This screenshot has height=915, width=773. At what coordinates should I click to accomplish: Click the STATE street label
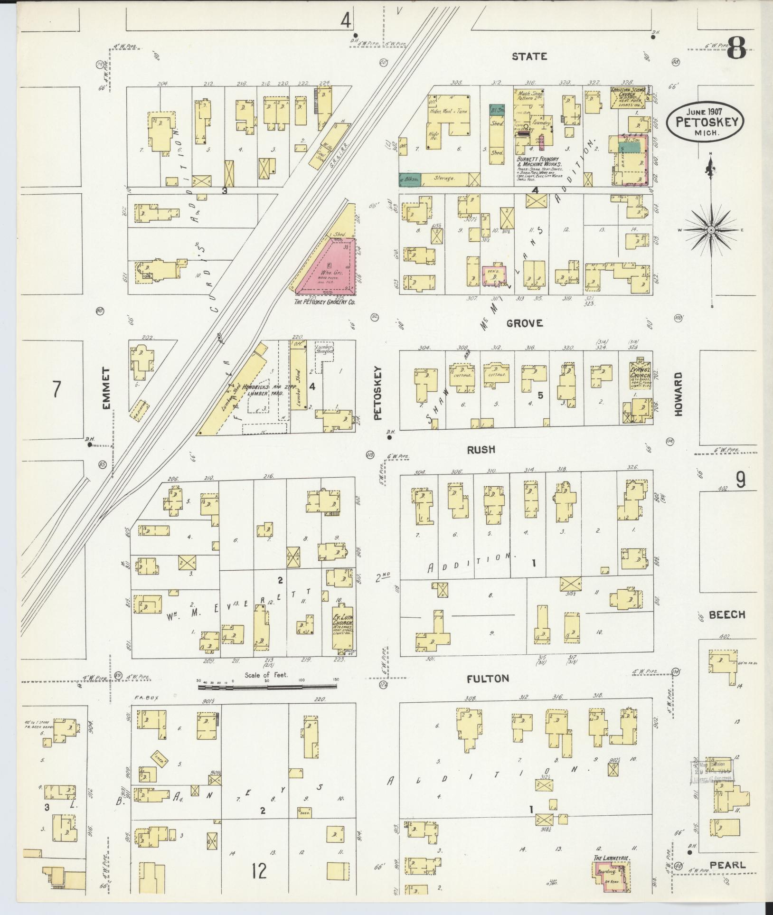point(529,57)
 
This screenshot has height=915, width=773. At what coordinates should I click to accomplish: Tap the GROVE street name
point(524,323)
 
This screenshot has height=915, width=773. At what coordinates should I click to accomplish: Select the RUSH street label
point(481,450)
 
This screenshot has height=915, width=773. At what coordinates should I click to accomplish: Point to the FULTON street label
point(488,679)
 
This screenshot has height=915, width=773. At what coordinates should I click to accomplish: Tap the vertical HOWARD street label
point(678,395)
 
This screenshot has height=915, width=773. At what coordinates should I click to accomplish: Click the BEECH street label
point(727,614)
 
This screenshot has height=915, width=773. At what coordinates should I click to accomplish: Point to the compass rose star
point(711,230)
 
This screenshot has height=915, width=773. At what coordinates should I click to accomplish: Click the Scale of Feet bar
point(268,686)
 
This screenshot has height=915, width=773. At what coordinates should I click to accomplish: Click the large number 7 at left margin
point(57,389)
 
